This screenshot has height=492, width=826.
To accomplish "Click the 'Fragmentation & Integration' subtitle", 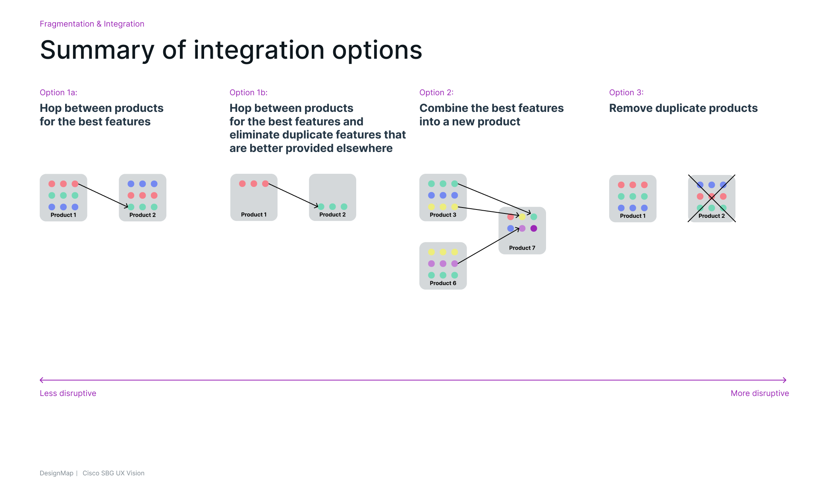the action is (92, 24).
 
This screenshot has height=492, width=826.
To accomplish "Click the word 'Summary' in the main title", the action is (97, 51).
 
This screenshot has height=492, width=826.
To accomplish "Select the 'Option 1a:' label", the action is (58, 92).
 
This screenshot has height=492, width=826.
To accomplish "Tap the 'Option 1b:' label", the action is (249, 92).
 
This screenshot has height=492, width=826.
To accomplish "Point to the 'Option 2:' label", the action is (436, 92).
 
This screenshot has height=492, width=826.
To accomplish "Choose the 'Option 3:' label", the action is (626, 92).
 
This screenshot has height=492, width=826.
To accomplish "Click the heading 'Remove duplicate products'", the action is (683, 108).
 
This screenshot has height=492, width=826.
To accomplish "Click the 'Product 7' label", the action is (522, 248).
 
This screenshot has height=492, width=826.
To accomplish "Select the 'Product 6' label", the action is (443, 283).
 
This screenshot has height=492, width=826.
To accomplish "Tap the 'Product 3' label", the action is (443, 215).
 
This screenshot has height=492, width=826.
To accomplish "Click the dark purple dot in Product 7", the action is (534, 228).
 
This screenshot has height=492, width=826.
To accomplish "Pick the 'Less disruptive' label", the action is (68, 393).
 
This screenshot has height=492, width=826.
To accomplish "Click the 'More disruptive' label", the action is (760, 393).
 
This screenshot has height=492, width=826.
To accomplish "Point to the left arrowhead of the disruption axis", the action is (41, 380).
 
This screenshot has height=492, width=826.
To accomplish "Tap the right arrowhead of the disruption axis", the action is (785, 380).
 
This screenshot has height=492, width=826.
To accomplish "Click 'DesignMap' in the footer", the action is (56, 473).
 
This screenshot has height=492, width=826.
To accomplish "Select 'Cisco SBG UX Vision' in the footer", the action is (114, 473).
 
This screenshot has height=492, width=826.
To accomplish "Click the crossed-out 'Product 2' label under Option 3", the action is (712, 216).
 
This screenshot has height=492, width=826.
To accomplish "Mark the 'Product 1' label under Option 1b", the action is (254, 215).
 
